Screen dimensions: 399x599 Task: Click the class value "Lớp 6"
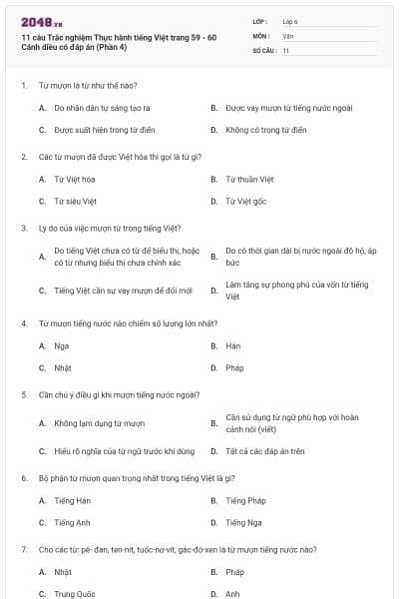[x=290, y=21]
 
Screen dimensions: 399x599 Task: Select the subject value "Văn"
[x=287, y=35]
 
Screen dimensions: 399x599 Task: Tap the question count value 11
[x=286, y=50]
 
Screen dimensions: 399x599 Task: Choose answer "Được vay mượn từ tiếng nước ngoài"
[x=288, y=107]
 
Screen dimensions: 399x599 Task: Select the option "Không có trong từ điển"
[x=265, y=130]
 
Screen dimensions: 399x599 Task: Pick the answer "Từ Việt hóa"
[x=75, y=179]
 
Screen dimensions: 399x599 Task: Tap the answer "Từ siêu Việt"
[x=75, y=201]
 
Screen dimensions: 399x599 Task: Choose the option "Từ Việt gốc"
[x=245, y=201]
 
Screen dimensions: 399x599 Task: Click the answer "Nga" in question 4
[x=62, y=345]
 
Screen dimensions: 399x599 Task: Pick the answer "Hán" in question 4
[x=233, y=345]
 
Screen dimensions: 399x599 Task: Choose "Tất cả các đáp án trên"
[x=265, y=450]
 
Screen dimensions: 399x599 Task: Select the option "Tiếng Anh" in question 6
[x=72, y=522]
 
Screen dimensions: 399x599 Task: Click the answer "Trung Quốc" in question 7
[x=75, y=594]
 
